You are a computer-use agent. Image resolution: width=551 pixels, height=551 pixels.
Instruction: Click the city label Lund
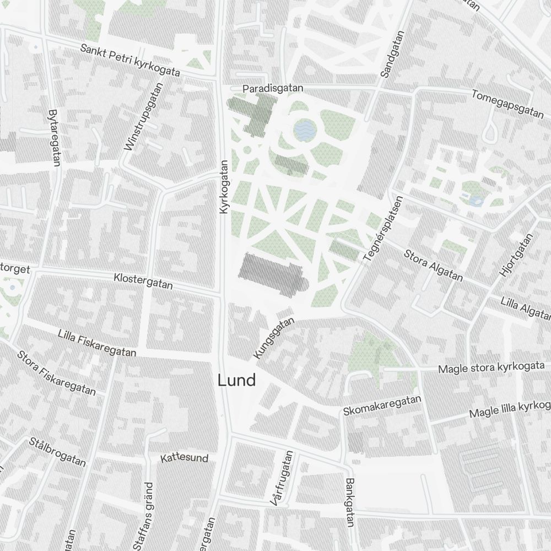point(236,380)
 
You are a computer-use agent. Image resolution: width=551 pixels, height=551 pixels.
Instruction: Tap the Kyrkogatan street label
point(224,187)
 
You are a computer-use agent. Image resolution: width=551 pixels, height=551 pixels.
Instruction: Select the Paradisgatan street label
point(274,88)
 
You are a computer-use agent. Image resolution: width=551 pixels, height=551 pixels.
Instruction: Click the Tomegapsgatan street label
point(507,103)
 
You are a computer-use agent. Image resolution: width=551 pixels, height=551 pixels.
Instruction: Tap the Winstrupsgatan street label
point(145,117)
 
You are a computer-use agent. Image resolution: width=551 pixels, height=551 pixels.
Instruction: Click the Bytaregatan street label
point(54,136)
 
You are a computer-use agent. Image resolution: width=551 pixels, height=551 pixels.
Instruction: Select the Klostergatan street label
point(143,281)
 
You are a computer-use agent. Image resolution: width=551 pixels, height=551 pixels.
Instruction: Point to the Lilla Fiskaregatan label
point(97,343)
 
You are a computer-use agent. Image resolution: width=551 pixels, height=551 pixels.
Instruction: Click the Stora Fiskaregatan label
point(56,373)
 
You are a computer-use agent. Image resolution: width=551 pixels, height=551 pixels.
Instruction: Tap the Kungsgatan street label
point(274,339)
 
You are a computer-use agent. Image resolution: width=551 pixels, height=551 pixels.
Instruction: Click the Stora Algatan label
point(433,265)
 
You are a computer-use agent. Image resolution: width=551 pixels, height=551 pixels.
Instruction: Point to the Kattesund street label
point(184,458)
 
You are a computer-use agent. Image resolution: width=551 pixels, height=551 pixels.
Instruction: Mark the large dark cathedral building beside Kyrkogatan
point(271,274)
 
